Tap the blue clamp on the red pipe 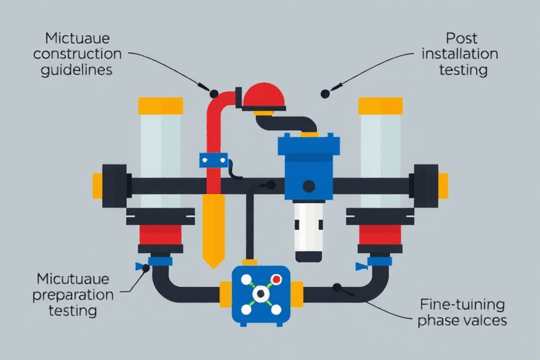pyautogui.click(x=210, y=160)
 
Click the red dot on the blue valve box pyautogui.click(x=276, y=279)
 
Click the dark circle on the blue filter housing pyautogui.click(x=308, y=186)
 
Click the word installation pyautogui.click(x=462, y=53)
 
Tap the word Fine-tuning pyautogui.click(x=462, y=306)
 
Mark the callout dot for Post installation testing pyautogui.click(x=325, y=93)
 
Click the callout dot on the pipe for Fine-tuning pyautogui.click(x=337, y=287)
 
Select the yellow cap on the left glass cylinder pyautogui.click(x=160, y=106)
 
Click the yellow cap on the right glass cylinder pyautogui.click(x=380, y=106)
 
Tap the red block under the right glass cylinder pyautogui.click(x=380, y=231)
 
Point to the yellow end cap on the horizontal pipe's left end pyautogui.click(x=98, y=186)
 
